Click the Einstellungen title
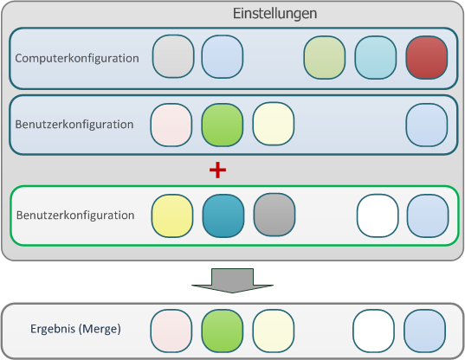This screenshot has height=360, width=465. [275, 14]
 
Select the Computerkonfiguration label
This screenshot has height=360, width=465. [77, 58]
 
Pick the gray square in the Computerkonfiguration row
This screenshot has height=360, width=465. [173, 56]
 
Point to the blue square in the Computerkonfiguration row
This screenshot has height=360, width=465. [223, 56]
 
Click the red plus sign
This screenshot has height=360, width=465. [218, 170]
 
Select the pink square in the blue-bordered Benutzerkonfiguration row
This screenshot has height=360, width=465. [171, 124]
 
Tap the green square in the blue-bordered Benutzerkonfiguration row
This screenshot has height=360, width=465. [223, 124]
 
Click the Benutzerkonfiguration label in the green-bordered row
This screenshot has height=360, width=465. [74, 215]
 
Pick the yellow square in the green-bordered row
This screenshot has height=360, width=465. [172, 215]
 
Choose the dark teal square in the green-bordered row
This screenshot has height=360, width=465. [223, 215]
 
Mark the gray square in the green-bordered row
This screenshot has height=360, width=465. [274, 215]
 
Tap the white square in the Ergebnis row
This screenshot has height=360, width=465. [374, 331]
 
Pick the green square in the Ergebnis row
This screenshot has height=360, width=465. [223, 331]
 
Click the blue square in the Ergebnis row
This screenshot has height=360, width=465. [425, 331]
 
